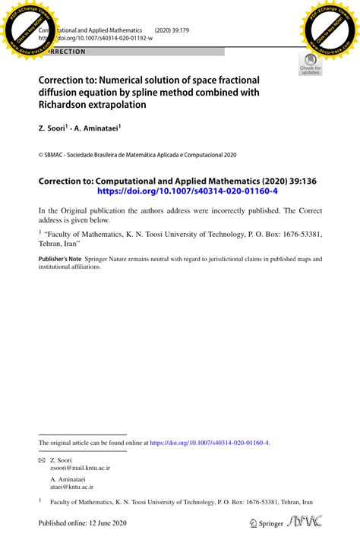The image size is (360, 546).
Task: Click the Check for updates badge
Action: coord(310,65)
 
